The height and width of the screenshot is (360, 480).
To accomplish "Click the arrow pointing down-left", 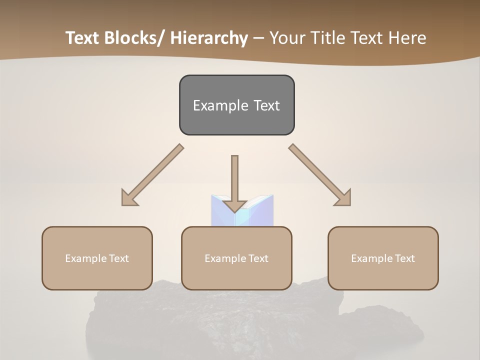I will click(x=153, y=175).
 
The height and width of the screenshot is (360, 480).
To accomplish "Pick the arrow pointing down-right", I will click(x=320, y=175).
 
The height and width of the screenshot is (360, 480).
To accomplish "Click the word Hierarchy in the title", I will click(x=209, y=38).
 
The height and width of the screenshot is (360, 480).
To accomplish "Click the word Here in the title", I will click(x=408, y=38).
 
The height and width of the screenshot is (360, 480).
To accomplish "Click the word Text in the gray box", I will click(x=266, y=105).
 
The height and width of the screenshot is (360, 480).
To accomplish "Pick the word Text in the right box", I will click(x=405, y=258).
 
